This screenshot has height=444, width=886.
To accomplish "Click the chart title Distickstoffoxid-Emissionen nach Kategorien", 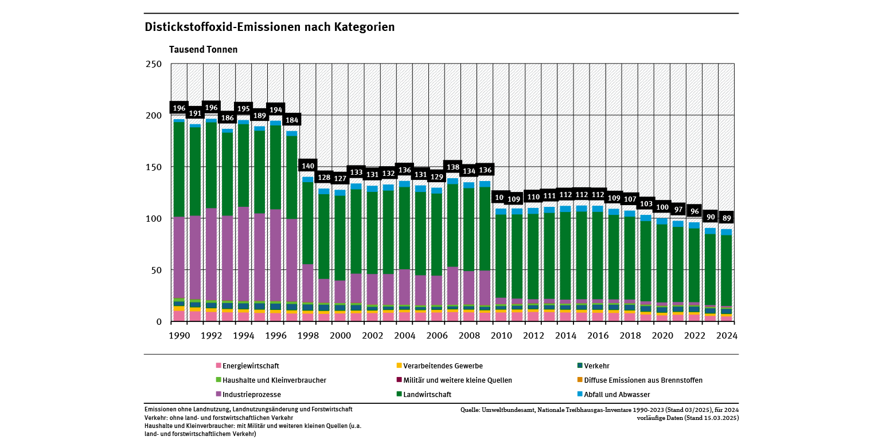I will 270,27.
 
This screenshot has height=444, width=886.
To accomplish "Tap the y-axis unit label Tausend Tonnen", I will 203,50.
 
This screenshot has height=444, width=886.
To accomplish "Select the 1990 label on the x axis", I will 179,336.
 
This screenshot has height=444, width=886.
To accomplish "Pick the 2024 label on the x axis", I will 726,336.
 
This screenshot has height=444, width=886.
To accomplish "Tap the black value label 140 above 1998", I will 308,166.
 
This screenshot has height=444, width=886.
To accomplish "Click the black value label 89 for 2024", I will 726,218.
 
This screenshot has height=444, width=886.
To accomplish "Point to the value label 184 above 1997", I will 292,120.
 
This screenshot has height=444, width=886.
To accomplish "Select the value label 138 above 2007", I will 452,167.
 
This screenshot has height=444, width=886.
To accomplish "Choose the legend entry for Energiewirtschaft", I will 251,366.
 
